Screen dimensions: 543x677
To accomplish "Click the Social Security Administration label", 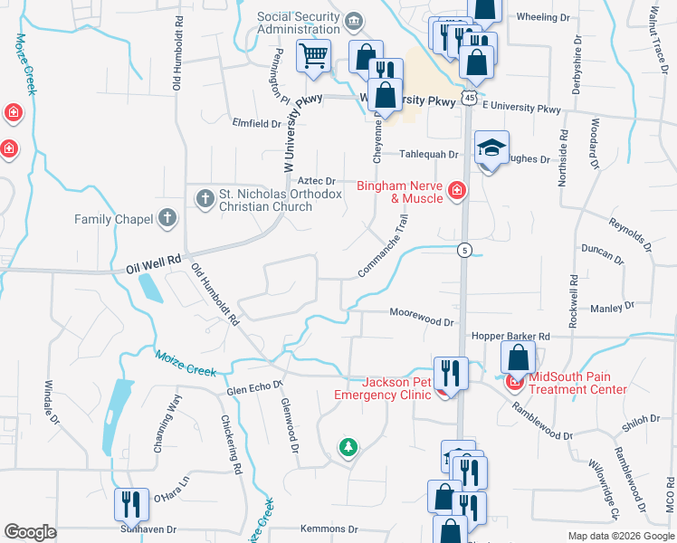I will tap(300, 23).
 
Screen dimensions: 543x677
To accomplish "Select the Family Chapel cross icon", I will tap(167, 218).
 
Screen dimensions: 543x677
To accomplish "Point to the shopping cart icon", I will tap(313, 56).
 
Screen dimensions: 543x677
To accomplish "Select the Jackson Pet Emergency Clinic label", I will tap(384, 387).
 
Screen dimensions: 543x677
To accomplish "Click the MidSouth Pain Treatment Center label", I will tap(577, 383).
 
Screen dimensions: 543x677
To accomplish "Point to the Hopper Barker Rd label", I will tap(510, 337).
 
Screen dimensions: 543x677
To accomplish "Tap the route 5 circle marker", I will tap(463, 250).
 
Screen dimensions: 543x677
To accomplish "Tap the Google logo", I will tap(31, 532).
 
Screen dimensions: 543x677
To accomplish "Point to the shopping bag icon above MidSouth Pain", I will tap(518, 356).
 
